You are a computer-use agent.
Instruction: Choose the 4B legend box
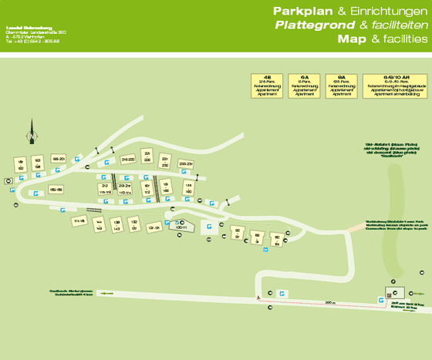click(x=267, y=85)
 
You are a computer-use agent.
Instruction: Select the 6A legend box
click(x=305, y=85)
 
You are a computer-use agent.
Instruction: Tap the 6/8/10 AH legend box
click(x=393, y=85)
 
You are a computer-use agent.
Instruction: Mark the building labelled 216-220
click(x=128, y=159)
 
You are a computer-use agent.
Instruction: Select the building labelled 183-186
click(x=56, y=189)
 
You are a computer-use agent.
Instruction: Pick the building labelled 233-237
click(x=185, y=163)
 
